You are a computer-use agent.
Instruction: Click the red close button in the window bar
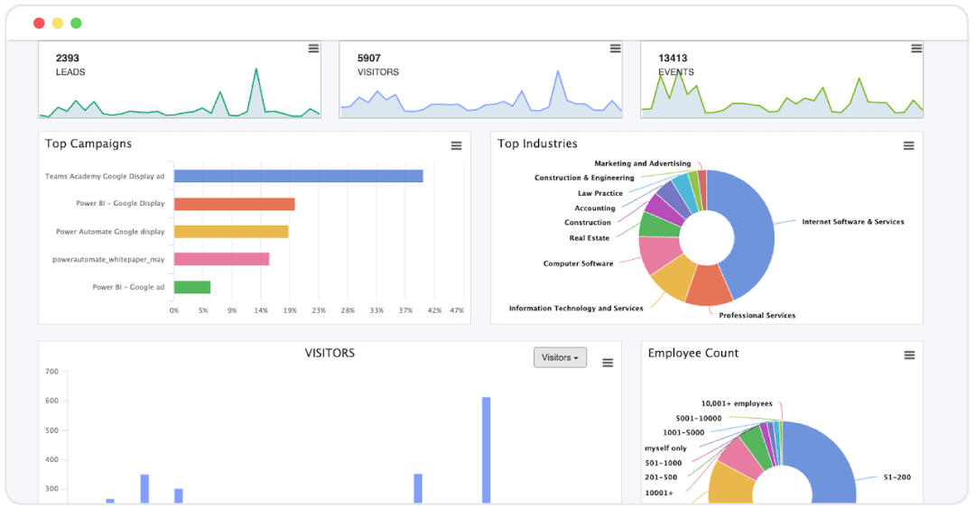(39, 23)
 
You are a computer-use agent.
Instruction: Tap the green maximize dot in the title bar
(76, 23)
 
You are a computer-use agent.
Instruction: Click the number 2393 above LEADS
(69, 58)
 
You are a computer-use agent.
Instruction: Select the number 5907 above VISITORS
(370, 58)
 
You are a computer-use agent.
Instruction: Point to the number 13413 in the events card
(673, 58)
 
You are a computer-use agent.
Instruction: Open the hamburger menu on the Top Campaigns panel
(456, 146)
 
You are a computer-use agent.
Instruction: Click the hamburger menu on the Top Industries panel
(909, 146)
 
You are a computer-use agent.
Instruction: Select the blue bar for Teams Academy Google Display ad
(298, 176)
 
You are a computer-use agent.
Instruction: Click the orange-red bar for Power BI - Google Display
(234, 204)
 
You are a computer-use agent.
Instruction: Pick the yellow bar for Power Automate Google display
(231, 232)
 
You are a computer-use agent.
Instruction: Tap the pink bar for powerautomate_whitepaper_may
(221, 259)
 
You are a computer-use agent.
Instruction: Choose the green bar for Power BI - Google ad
(192, 287)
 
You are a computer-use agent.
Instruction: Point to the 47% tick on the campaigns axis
(457, 310)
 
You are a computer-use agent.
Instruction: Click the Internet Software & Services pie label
(852, 222)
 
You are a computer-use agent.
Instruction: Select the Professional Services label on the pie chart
(757, 316)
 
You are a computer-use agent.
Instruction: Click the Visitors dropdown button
(560, 357)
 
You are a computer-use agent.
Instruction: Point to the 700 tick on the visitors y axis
(51, 372)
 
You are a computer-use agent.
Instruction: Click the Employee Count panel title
(693, 354)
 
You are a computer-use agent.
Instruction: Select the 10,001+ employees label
(738, 403)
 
